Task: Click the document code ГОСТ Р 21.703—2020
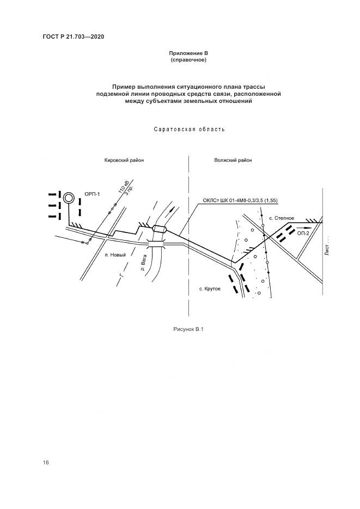point(74,36)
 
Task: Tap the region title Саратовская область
point(188,130)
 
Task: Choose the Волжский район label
point(234,161)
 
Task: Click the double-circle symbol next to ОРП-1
point(69,199)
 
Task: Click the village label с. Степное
point(282,218)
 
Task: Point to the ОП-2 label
point(303,232)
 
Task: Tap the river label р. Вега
point(144,264)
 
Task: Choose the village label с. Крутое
point(210,288)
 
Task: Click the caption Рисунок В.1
point(187,329)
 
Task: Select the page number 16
point(46,462)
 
